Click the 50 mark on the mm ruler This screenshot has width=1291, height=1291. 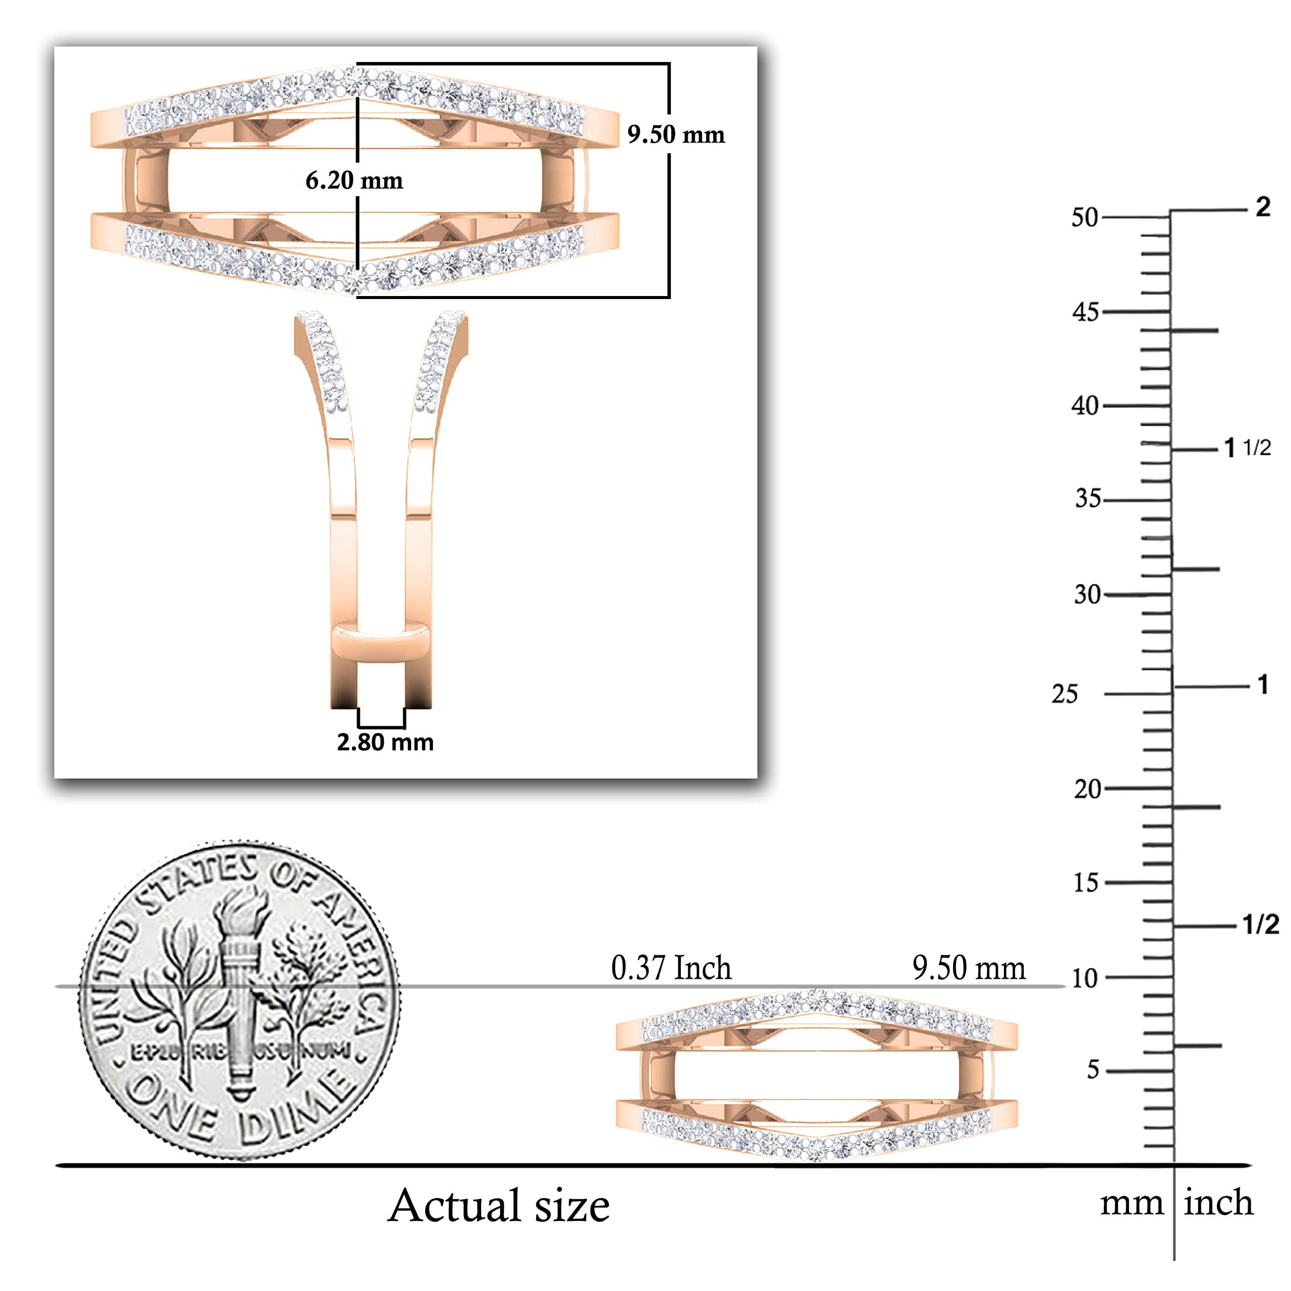pyautogui.click(x=1085, y=217)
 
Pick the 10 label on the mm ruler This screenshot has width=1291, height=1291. pyautogui.click(x=1085, y=978)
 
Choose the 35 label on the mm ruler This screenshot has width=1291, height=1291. pyautogui.click(x=1088, y=498)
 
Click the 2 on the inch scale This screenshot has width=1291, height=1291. pyautogui.click(x=1262, y=207)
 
